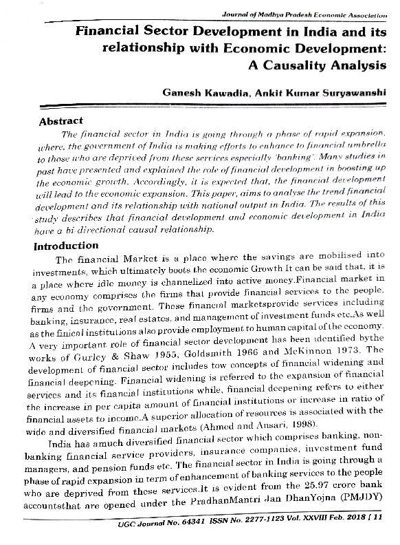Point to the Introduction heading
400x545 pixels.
(x=66, y=246)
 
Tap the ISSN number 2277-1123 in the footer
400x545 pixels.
(x=258, y=526)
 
